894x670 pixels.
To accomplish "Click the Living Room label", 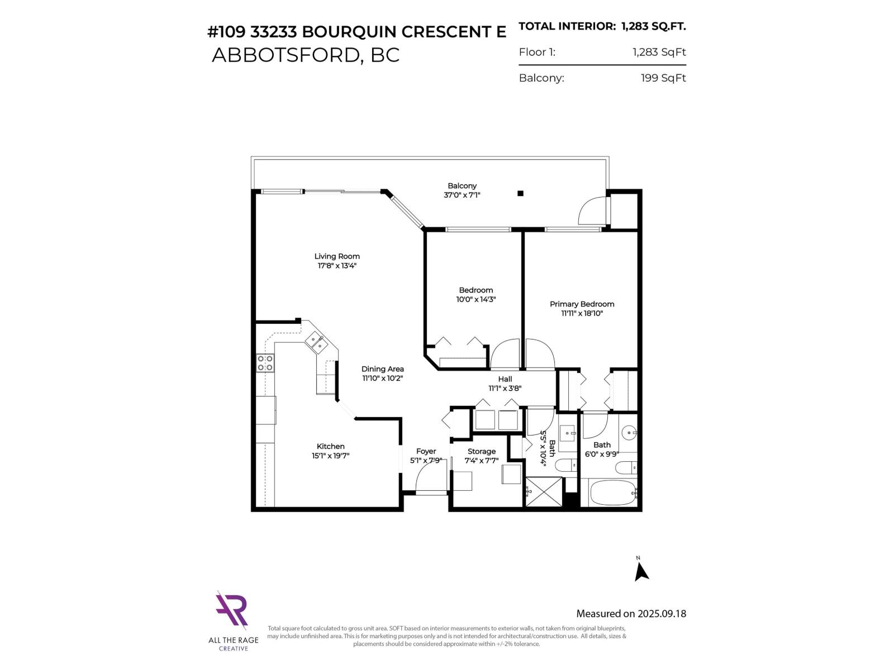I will pos(337,256).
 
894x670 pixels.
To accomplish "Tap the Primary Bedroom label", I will pos(582,304).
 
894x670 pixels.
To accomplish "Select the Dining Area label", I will pos(382,368).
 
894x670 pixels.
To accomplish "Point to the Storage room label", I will pos(481,451).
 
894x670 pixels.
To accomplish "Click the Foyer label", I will pos(426,451).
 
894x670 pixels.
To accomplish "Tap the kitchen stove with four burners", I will pos(265,363).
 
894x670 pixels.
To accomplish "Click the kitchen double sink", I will pos(316,342).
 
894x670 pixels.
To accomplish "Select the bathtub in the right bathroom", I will pos(612,492).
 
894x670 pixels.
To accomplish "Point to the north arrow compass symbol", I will pos(641,571).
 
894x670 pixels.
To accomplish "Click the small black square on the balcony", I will pos(520,193).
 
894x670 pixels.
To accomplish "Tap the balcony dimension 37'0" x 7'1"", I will pos(462,195).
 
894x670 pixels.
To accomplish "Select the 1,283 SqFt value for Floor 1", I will pos(659,52).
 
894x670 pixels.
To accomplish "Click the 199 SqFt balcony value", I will pos(663,78).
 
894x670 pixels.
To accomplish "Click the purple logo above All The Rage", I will pos(232,611).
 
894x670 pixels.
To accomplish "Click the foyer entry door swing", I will pos(430,479).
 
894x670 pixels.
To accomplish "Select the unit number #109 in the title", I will pos(226,32).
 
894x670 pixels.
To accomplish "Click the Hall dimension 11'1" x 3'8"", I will pos(505,388).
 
